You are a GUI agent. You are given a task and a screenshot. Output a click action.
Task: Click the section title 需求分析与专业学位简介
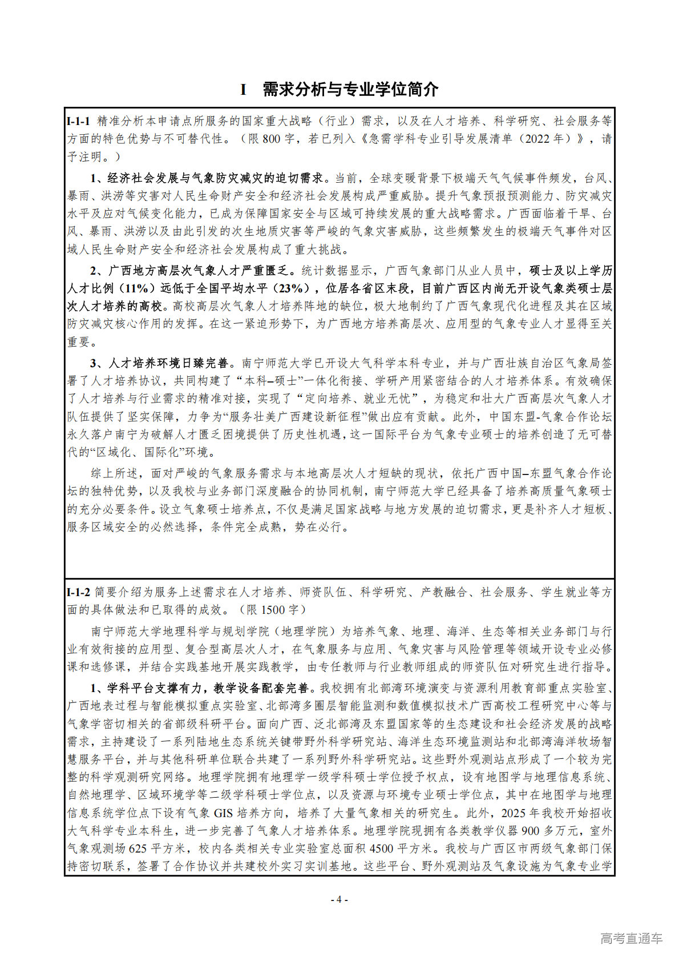350,90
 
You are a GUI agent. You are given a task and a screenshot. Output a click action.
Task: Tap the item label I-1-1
78,121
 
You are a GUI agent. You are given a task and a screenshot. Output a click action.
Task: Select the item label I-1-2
78,592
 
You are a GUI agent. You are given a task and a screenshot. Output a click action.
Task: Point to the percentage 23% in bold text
292,288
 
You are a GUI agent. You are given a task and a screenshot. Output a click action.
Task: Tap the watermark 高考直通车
631,938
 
